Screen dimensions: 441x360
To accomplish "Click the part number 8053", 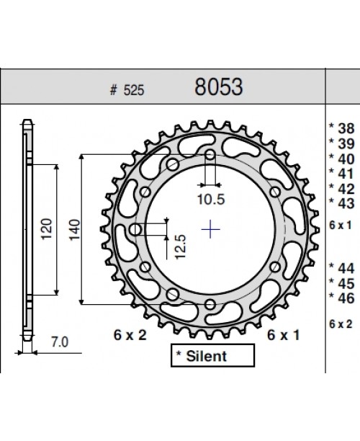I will [219, 87].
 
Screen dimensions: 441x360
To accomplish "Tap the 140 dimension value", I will [73, 230].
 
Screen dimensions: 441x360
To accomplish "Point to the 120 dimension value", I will [46, 230].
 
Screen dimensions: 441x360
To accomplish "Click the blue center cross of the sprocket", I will [210, 230].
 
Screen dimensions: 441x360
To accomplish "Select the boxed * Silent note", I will [212, 355].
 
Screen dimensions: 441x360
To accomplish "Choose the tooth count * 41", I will [341, 172].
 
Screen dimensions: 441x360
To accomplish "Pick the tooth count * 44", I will [341, 267].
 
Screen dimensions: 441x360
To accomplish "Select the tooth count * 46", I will [341, 296].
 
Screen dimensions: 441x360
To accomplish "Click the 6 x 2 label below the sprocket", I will [130, 334].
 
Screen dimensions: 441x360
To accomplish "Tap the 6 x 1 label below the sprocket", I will [283, 334].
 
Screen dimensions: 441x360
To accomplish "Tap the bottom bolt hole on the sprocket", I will [210, 305].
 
